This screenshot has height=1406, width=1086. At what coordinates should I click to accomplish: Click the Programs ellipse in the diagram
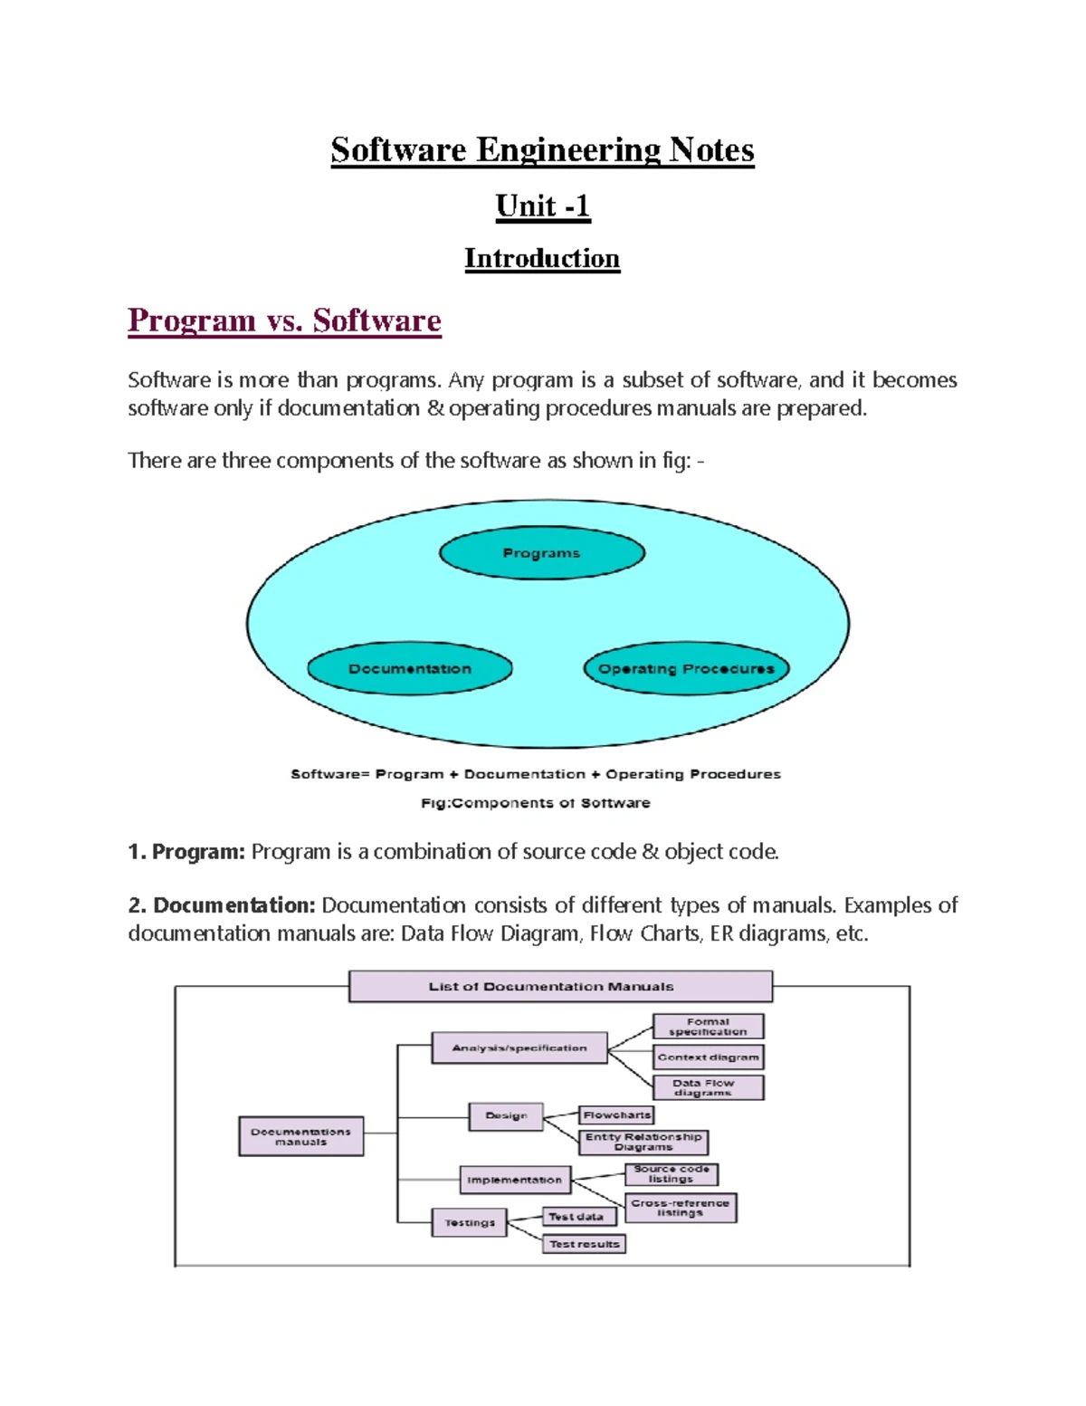point(542,552)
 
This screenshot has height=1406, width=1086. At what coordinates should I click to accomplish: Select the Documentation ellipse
point(410,668)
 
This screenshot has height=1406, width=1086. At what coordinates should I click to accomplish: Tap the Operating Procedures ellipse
point(686,668)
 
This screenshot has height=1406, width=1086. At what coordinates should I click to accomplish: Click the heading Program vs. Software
point(284,320)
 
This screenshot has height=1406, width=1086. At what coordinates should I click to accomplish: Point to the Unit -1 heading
point(543,207)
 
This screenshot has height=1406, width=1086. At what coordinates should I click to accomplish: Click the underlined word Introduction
point(542,259)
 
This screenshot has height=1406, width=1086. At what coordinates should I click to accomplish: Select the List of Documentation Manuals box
point(561,987)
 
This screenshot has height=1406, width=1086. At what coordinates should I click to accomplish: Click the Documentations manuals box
point(301,1136)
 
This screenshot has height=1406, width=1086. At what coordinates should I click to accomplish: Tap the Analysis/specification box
point(519,1047)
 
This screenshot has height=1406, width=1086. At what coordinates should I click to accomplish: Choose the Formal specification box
point(709,1027)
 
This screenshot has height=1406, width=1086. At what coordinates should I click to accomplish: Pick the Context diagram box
point(709,1057)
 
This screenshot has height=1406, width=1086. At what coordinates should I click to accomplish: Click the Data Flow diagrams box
point(709,1087)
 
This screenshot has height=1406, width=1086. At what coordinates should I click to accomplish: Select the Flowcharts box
point(616,1114)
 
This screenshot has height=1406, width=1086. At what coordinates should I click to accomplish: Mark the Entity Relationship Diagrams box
point(643,1142)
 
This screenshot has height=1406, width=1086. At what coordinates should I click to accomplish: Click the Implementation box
point(516,1180)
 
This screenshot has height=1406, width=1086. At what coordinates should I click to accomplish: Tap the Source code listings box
point(672,1174)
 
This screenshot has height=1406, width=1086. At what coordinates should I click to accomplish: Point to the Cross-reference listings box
point(681,1208)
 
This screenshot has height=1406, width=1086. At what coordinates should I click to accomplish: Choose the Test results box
point(584,1244)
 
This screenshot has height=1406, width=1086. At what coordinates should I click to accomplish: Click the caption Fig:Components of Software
point(536,803)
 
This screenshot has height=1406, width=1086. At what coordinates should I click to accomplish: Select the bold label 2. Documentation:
point(222,905)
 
